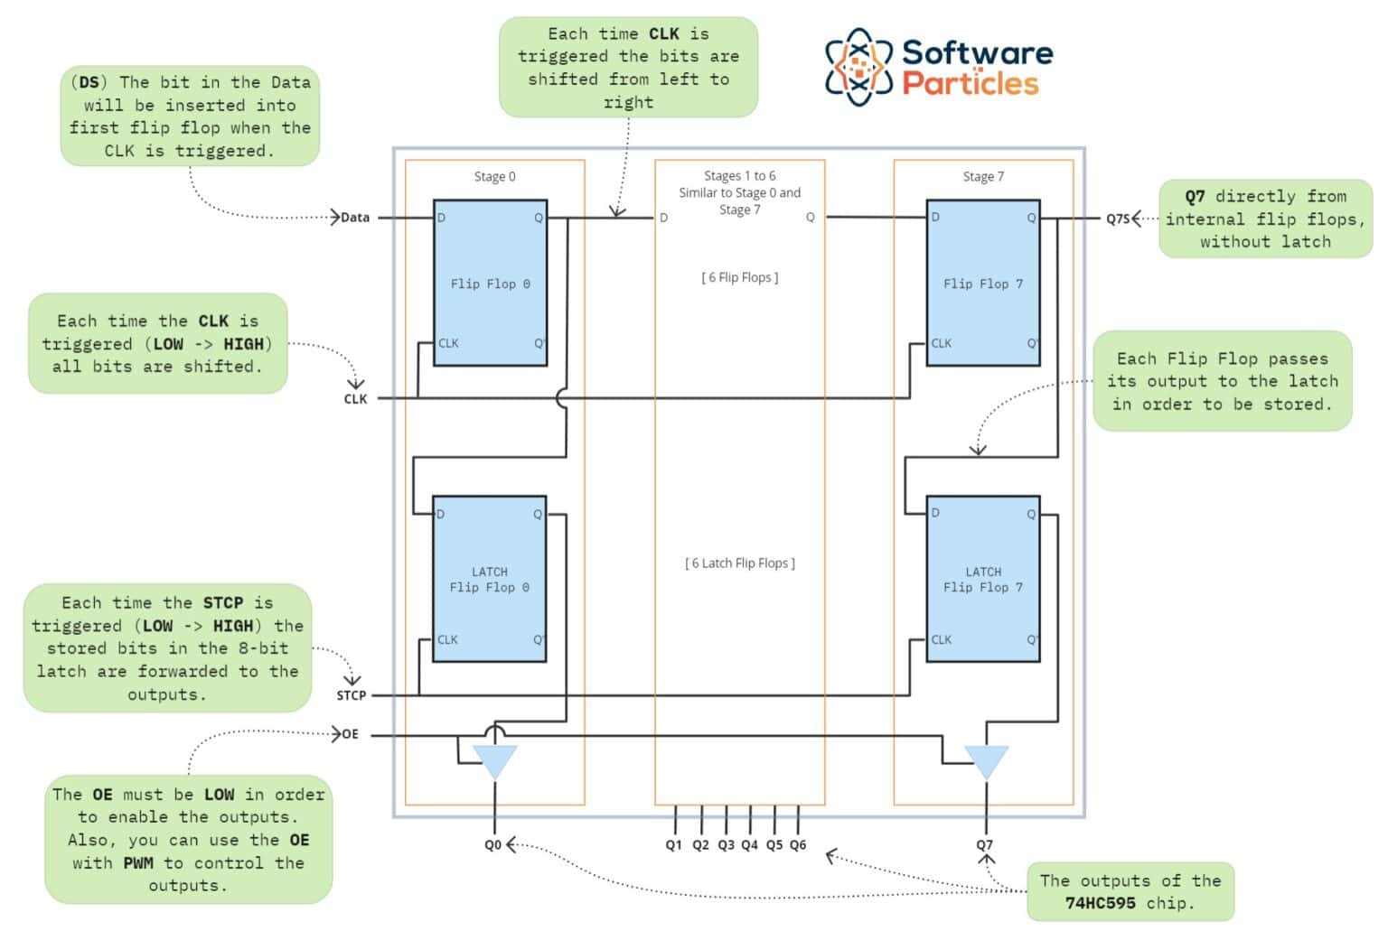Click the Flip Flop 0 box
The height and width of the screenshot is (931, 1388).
click(490, 283)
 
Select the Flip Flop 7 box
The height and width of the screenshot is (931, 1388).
click(983, 283)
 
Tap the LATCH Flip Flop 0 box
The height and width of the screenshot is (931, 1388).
click(489, 579)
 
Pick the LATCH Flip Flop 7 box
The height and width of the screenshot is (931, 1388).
click(983, 579)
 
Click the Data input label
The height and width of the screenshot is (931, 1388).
click(355, 218)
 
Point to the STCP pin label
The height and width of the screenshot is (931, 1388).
click(352, 695)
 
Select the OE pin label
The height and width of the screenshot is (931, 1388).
click(351, 734)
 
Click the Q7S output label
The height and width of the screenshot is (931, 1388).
click(1118, 219)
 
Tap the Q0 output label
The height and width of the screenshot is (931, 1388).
click(492, 845)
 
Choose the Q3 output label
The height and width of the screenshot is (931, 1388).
click(726, 845)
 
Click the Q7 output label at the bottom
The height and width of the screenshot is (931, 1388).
click(984, 845)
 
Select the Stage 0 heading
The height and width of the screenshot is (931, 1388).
click(494, 177)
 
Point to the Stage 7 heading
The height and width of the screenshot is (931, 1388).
click(983, 177)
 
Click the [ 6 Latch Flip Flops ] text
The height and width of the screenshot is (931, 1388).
click(740, 563)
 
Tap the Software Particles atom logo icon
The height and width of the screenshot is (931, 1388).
click(858, 67)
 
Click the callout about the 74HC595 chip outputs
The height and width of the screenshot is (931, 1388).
click(1130, 891)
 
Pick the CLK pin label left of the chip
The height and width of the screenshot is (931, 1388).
click(355, 399)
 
